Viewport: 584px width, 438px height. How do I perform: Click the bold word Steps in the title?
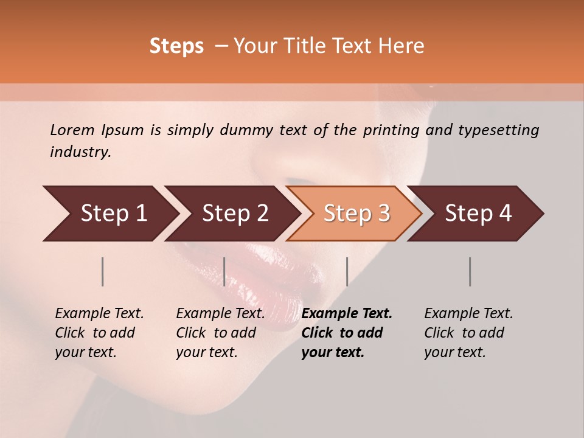pos(176,46)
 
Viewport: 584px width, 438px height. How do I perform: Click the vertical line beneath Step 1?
pos(103,271)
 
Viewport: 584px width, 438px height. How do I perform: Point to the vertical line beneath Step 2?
pos(224,271)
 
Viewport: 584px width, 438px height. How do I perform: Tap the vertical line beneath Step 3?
pos(347,271)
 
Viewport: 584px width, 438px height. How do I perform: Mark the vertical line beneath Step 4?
pos(470,271)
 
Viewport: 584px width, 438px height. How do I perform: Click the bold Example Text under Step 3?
pos(347,314)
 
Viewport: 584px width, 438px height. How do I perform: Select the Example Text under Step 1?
pos(99,314)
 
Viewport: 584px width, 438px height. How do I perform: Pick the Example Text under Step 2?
pos(220,314)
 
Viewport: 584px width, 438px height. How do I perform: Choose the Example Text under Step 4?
pos(468,314)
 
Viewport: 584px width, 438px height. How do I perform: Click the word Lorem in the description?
pos(72,130)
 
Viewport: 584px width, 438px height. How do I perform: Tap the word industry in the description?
pos(80,152)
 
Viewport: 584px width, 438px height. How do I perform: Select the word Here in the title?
pos(400,46)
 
